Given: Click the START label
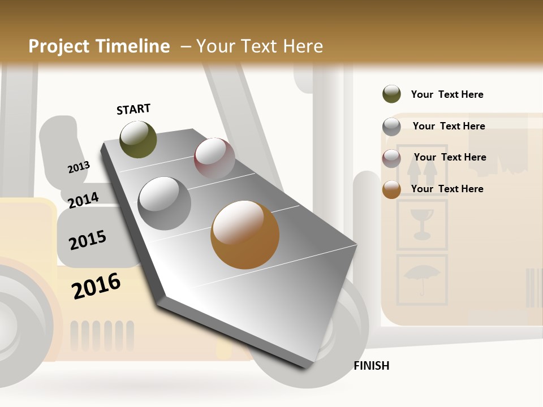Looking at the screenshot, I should click(x=133, y=109).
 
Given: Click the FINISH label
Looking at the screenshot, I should click(x=372, y=366).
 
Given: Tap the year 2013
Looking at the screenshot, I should click(x=79, y=167).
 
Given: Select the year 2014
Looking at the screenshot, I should click(x=83, y=200).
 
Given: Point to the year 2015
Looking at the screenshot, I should click(x=88, y=240).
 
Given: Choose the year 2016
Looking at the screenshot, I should click(x=96, y=285).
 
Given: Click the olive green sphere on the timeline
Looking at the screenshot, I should click(x=138, y=140).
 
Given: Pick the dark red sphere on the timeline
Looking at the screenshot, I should click(x=214, y=158).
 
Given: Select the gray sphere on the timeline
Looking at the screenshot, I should click(x=165, y=203).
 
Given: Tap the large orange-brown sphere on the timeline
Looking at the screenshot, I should click(x=245, y=235).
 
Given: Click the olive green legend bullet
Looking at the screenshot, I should click(x=391, y=94).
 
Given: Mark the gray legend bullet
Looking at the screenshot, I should click(x=391, y=126).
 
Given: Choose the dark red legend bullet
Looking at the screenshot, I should click(x=391, y=158).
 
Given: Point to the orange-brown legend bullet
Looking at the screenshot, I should click(x=391, y=189).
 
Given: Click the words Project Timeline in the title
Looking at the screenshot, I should click(x=99, y=46).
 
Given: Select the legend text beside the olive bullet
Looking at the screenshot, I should click(x=447, y=94).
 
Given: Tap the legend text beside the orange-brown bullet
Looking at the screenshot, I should click(x=447, y=189).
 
